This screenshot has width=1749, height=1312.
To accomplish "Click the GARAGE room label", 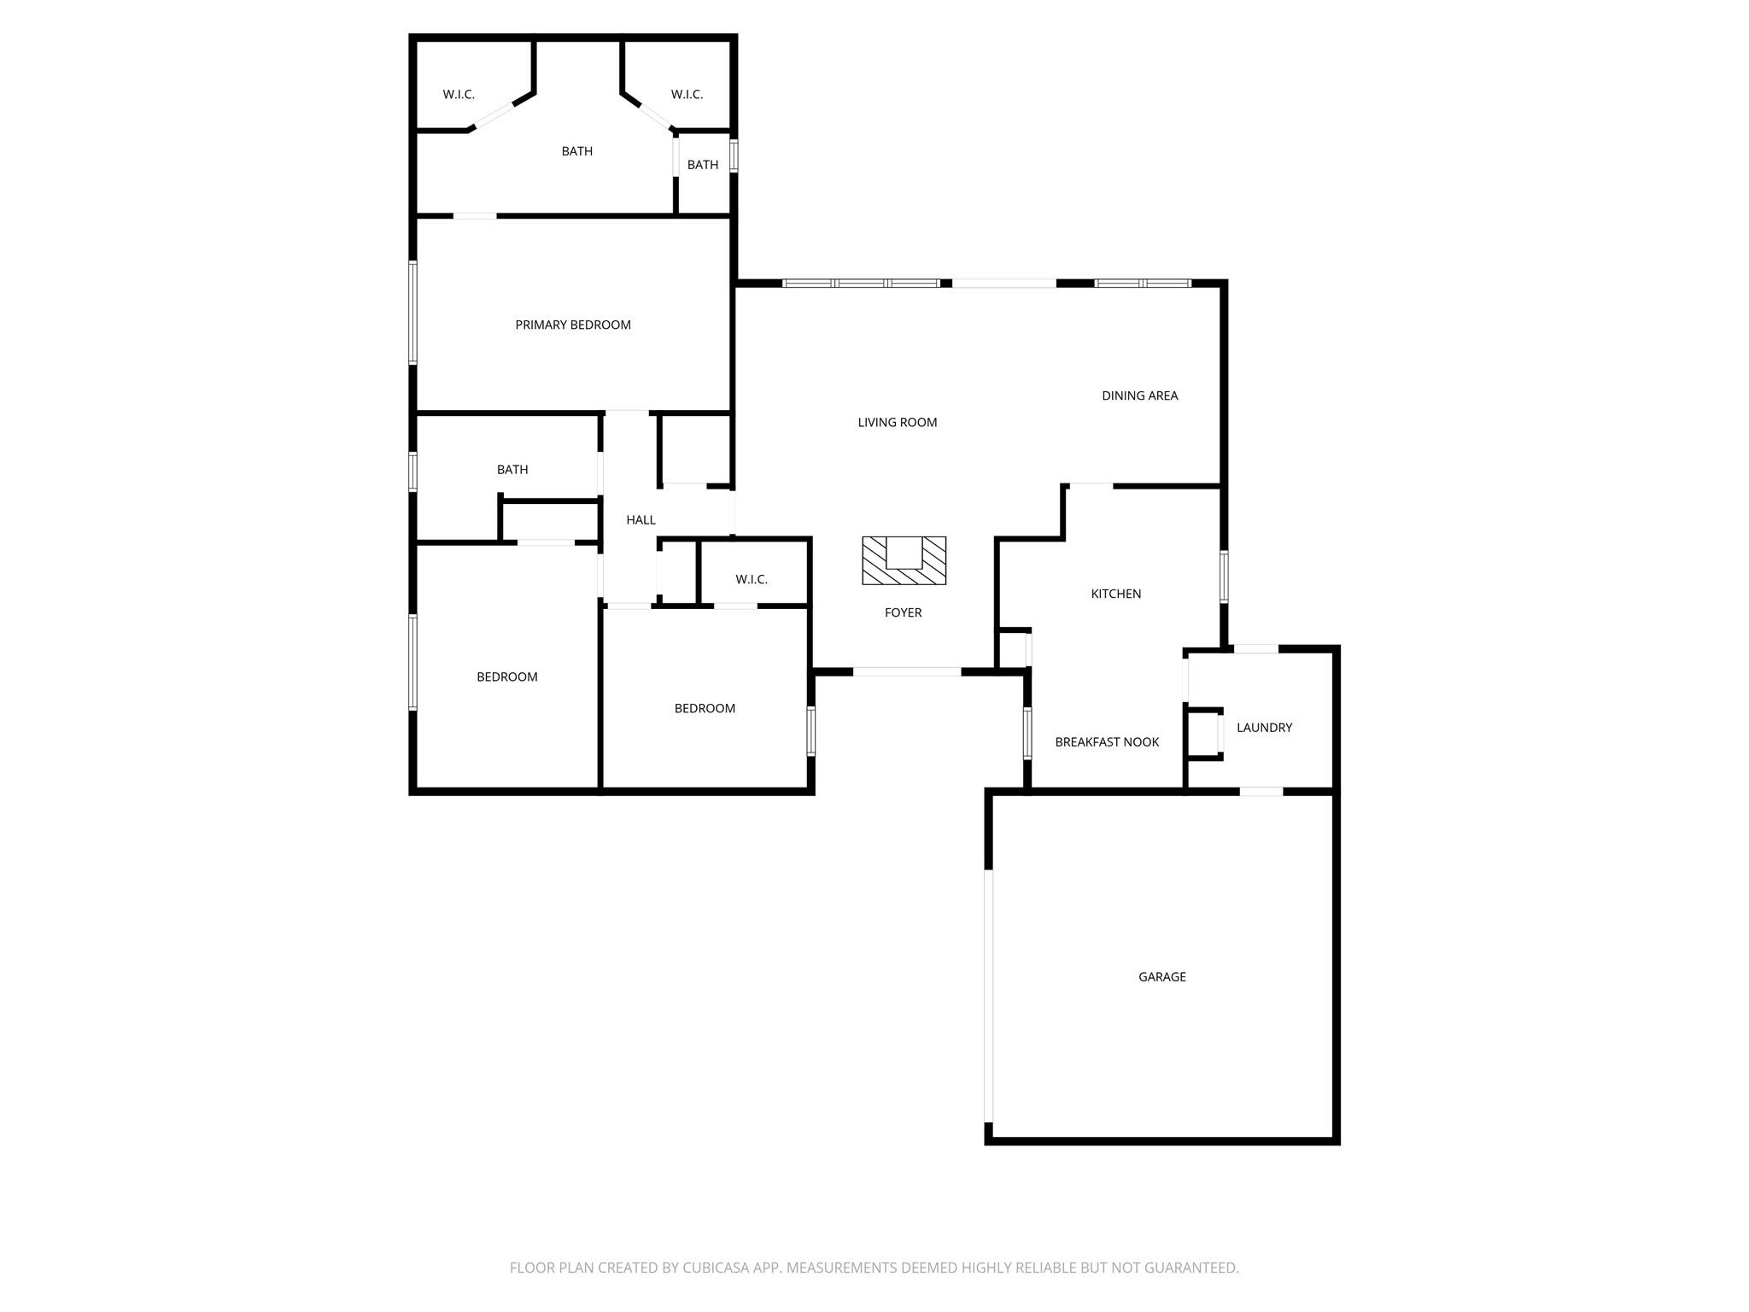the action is point(1161,976).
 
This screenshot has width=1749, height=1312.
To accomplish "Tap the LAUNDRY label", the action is point(1264,727).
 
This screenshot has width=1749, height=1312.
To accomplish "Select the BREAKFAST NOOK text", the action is point(1107,741).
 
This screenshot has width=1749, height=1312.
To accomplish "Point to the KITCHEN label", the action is point(1116,594).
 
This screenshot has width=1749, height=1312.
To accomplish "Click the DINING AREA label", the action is point(1139,395).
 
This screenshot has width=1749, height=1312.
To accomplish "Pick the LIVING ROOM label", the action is point(898,422).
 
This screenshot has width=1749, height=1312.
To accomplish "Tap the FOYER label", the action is point(903,612).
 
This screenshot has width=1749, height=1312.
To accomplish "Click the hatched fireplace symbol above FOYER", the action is point(904,560).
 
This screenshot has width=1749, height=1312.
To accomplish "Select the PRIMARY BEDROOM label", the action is point(573,325).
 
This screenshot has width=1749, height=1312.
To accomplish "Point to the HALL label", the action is point(641,519).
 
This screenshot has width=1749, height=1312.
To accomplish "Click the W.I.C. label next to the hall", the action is point(752,579).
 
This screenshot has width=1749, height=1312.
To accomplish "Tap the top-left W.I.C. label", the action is point(459,94).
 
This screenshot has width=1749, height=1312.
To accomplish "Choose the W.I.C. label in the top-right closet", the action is point(687,94).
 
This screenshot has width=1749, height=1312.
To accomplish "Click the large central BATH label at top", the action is point(576,151).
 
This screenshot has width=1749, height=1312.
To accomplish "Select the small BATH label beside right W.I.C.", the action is point(703,165).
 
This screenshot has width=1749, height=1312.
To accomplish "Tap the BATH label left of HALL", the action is point(512,469).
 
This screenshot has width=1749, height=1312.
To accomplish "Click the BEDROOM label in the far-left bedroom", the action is point(507,676).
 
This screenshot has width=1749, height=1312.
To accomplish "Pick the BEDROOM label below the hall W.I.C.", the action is point(705,708).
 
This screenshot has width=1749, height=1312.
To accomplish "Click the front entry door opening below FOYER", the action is point(907,671).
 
